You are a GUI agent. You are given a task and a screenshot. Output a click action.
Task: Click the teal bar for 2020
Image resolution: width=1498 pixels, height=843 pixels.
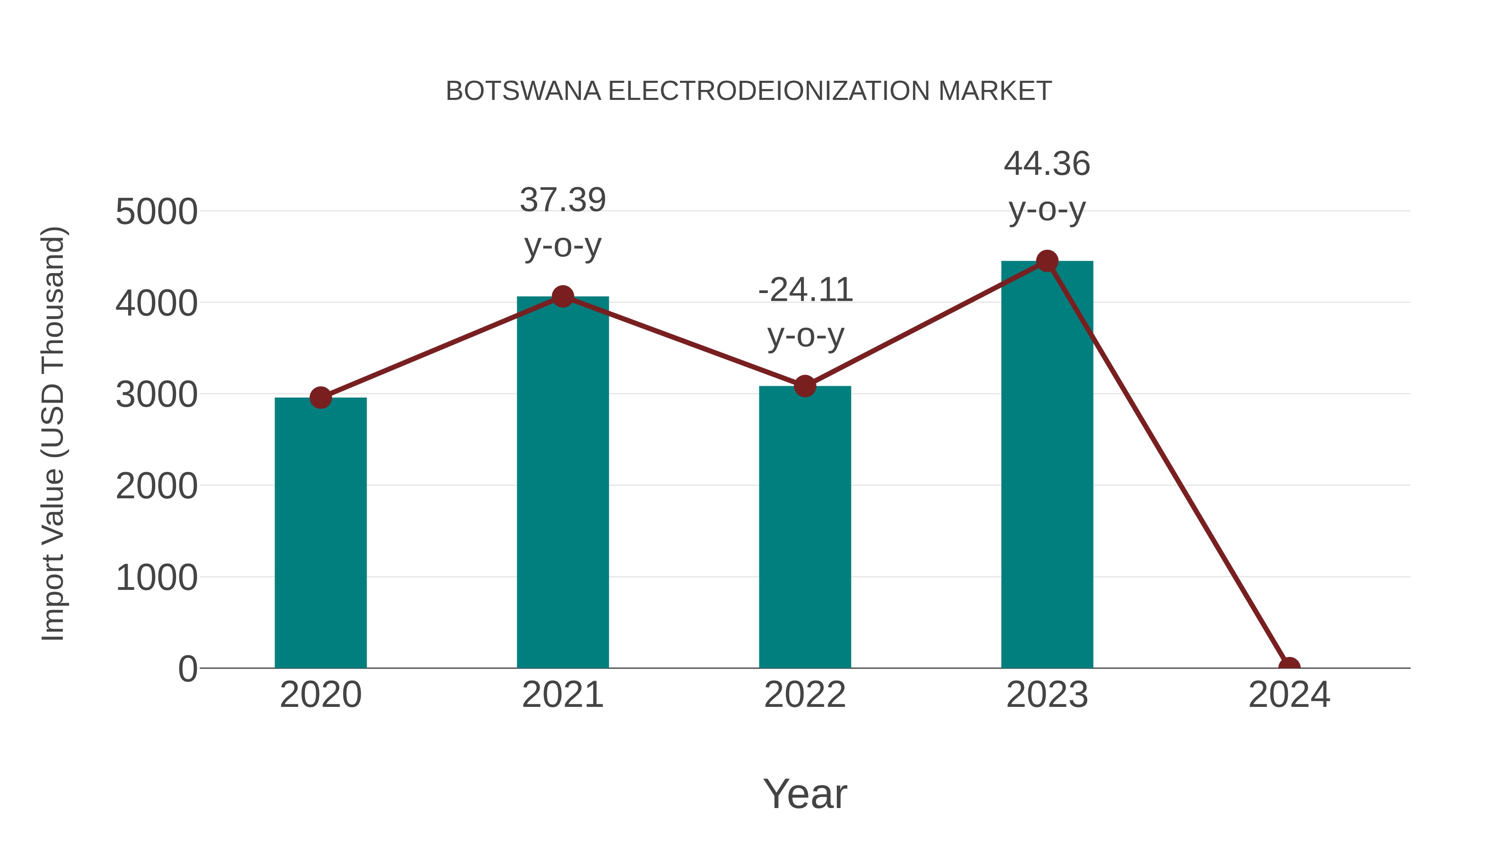pos(320,532)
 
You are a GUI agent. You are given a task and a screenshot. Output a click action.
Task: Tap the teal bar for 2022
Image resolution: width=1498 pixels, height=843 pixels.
pos(805,527)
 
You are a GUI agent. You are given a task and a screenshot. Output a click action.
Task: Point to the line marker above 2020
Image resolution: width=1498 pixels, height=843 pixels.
pos(320,398)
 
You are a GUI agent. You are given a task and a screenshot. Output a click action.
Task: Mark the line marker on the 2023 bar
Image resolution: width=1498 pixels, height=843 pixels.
pos(1047,261)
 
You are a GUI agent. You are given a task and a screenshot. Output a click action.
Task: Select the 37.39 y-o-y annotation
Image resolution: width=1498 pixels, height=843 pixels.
pos(562,222)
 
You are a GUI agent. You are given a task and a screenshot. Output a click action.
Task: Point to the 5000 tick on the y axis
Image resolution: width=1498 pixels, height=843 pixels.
pos(156,212)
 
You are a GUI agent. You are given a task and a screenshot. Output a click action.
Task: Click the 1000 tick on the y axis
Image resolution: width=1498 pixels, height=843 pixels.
pos(156,578)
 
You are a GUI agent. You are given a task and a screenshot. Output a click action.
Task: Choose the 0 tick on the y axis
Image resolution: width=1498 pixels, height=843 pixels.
pos(188,669)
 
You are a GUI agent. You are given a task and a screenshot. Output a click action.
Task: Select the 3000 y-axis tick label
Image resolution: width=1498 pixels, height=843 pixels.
pos(156,395)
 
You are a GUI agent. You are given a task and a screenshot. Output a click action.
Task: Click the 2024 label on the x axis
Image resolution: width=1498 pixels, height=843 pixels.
pos(1289,695)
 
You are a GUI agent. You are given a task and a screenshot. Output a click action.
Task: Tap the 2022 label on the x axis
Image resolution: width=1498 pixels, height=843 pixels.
pos(805,695)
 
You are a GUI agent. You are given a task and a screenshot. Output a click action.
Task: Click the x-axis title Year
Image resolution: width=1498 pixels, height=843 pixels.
pos(805,793)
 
